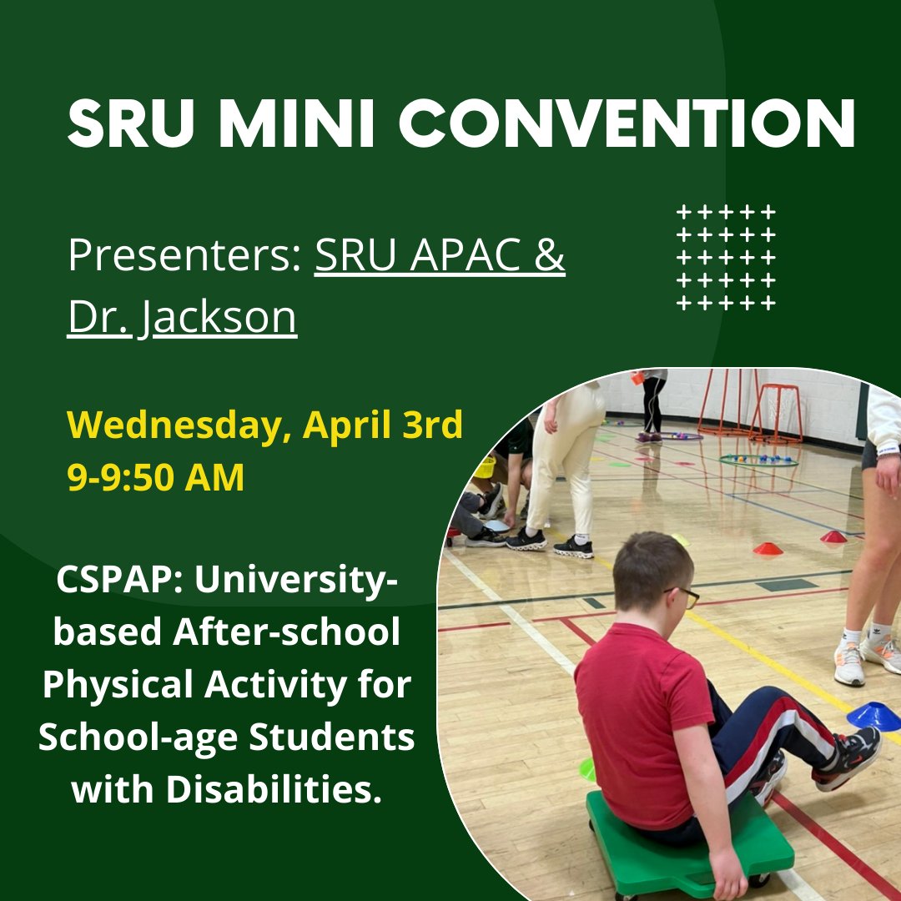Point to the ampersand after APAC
[x=548, y=256]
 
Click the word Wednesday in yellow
[x=179, y=425]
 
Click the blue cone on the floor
[x=873, y=715]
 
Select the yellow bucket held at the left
[x=485, y=466]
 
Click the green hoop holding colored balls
[x=758, y=460]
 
